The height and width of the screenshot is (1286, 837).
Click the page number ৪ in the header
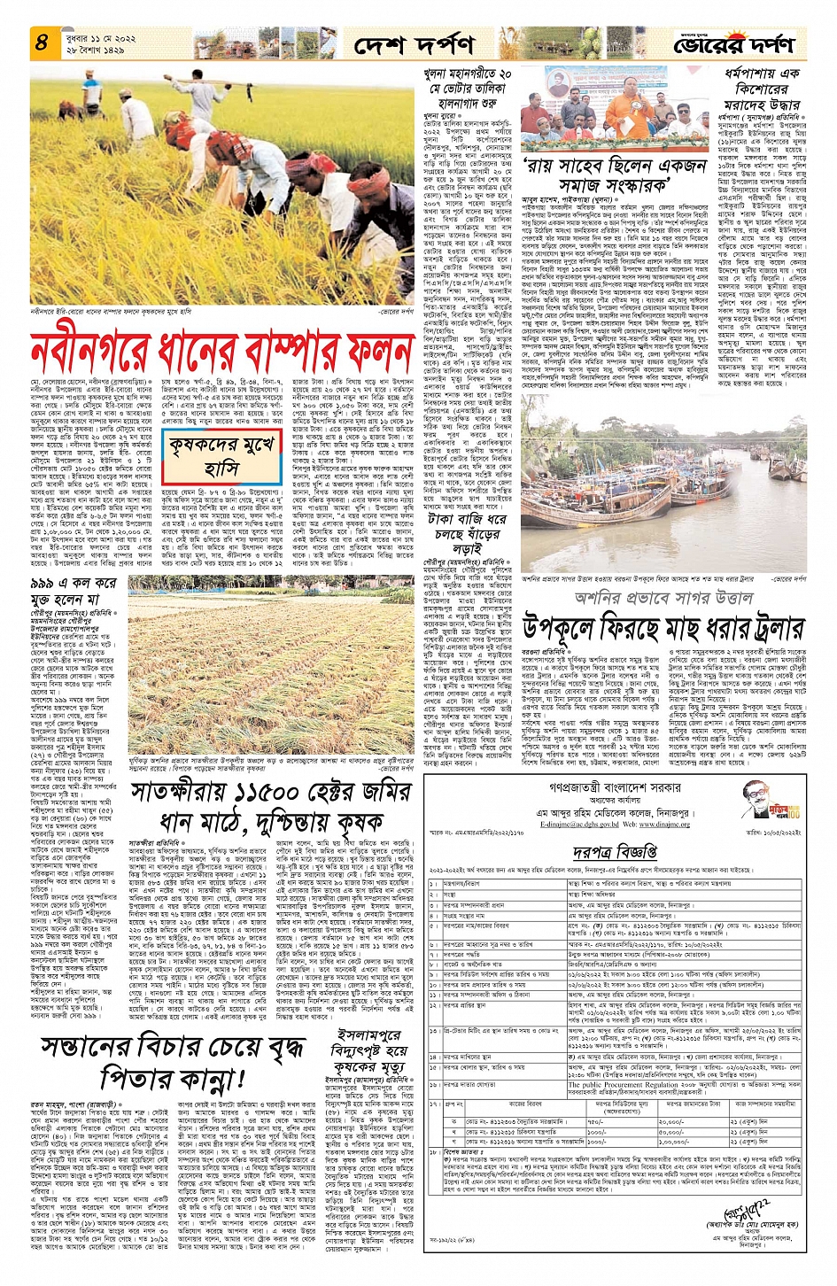(42, 42)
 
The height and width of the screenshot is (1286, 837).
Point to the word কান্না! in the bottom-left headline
(172, 1078)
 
